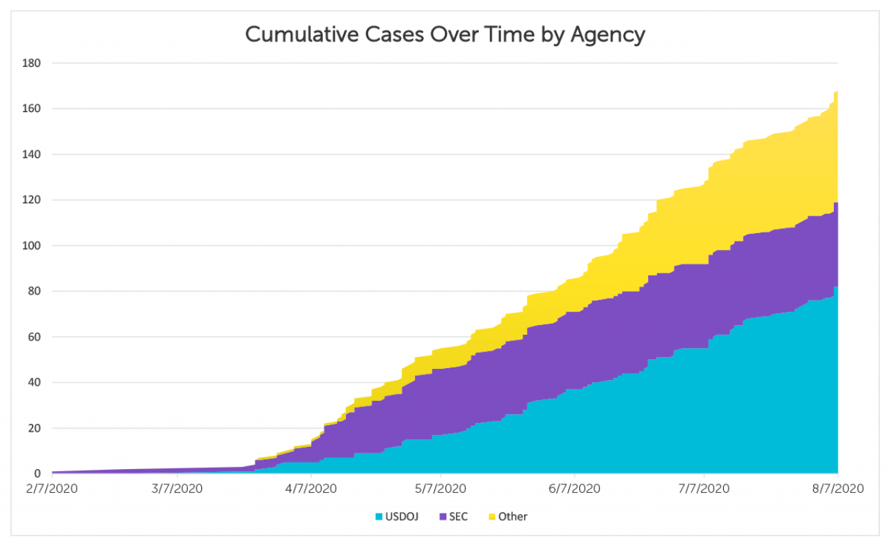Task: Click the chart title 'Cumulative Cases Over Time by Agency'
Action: tap(445, 34)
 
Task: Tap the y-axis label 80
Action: tap(36, 292)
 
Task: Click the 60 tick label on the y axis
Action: tap(36, 337)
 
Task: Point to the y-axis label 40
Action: tap(36, 383)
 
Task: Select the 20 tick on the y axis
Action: tap(36, 428)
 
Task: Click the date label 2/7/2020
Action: tap(52, 489)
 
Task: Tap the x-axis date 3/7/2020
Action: tap(178, 489)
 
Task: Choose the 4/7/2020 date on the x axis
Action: tap(310, 489)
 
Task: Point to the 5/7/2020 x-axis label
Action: tap(440, 489)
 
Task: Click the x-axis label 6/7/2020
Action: tap(573, 489)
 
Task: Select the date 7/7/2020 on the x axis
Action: tap(704, 489)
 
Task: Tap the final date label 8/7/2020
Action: tap(837, 489)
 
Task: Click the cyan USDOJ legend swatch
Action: tap(379, 517)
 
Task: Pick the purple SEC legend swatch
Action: tap(443, 517)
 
